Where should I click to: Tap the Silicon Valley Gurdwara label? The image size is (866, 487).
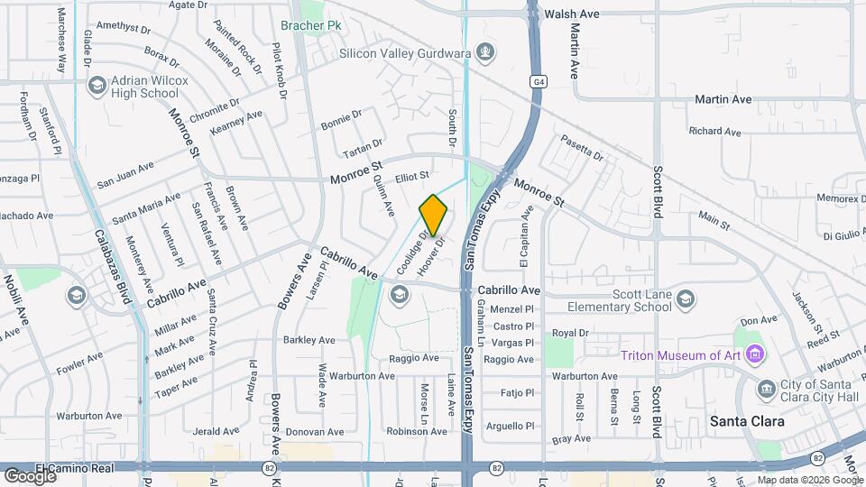tap(405, 53)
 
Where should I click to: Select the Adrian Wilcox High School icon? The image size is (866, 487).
tap(97, 85)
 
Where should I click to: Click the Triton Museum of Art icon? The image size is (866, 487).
tap(755, 354)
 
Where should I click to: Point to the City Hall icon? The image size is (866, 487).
tap(767, 389)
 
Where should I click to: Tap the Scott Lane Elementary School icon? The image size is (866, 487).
tap(686, 299)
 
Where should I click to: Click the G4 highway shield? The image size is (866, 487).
tap(539, 82)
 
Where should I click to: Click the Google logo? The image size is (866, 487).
tap(29, 475)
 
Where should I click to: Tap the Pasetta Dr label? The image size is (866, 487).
tap(582, 146)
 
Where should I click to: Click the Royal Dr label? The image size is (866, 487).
tap(564, 334)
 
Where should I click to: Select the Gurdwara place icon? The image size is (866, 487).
tap(486, 52)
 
